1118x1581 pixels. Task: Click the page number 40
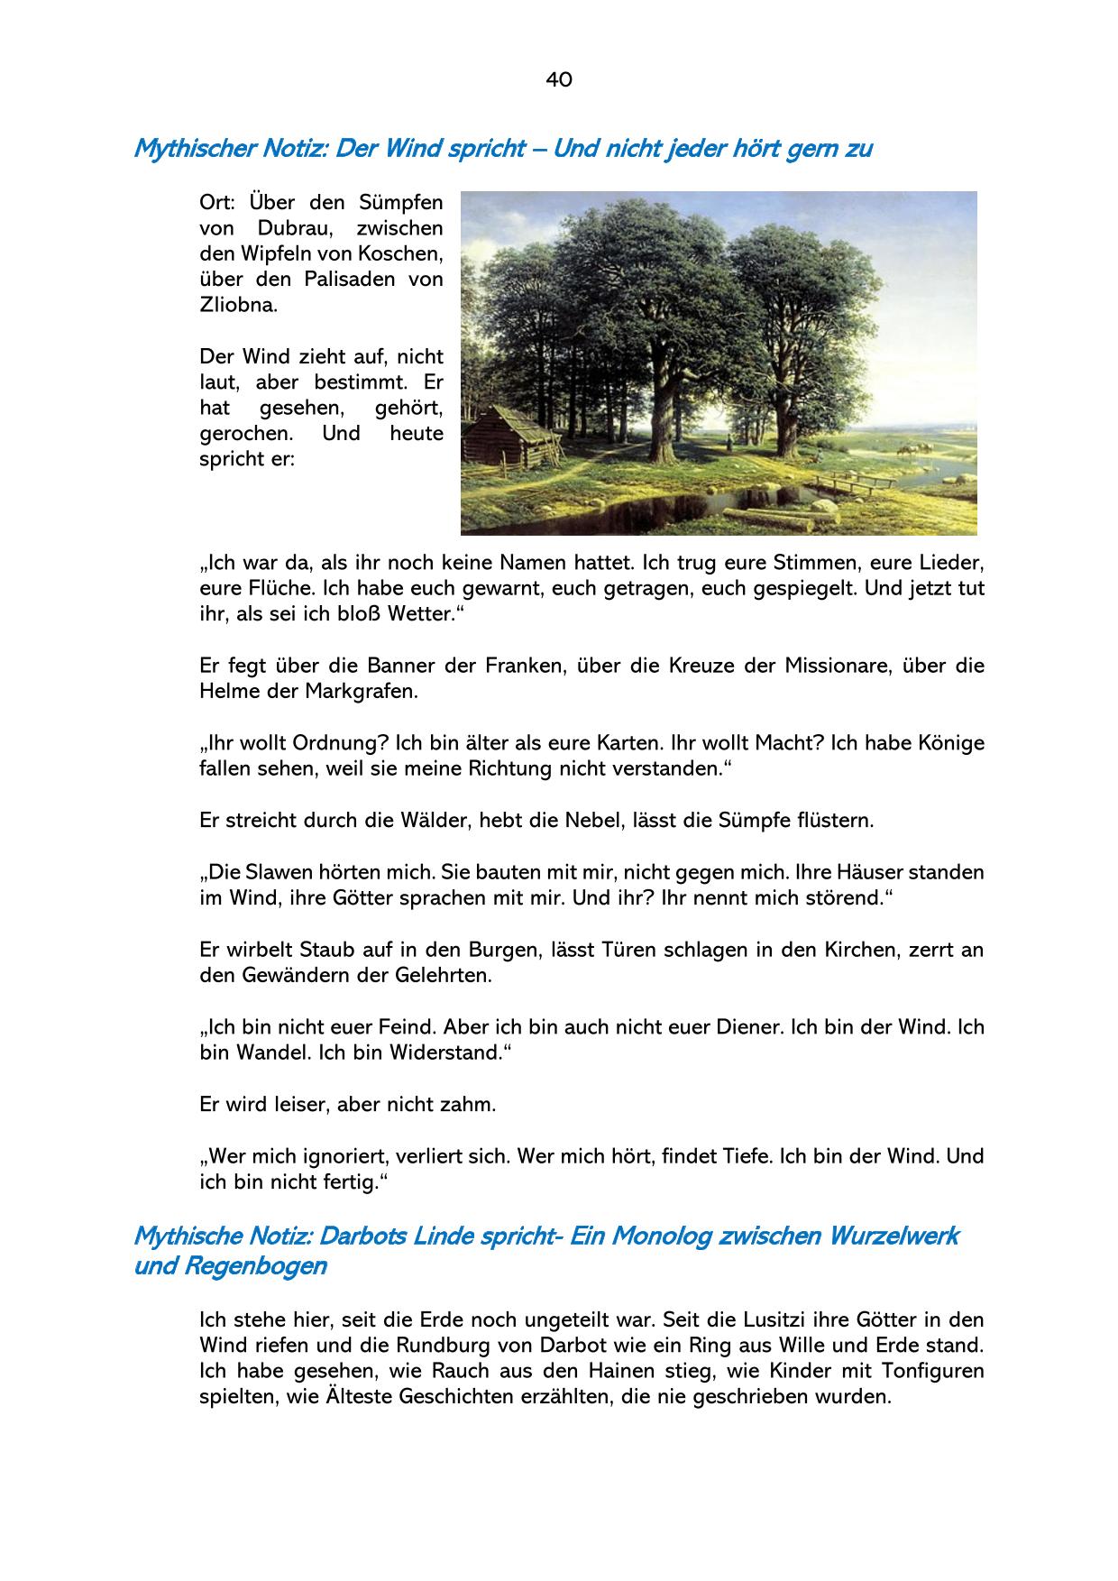click(x=558, y=79)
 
